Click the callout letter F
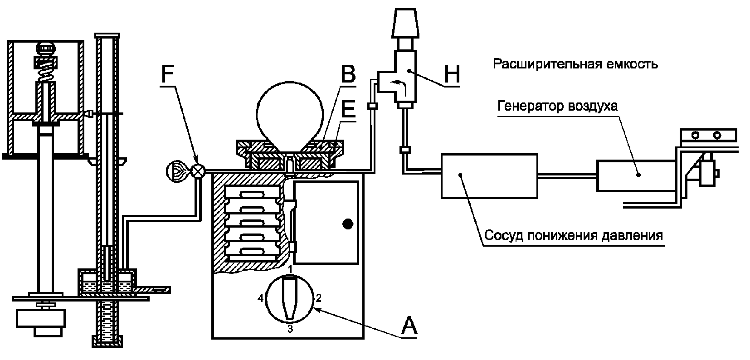pyautogui.click(x=168, y=74)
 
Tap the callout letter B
pyautogui.click(x=348, y=74)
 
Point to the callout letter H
pyautogui.click(x=452, y=74)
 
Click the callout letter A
pyautogui.click(x=409, y=326)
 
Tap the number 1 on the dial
pyautogui.click(x=290, y=269)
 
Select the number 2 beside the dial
pyautogui.click(x=318, y=298)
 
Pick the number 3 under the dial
pyautogui.click(x=290, y=329)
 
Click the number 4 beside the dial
pyautogui.click(x=261, y=298)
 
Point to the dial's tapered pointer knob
pyautogui.click(x=290, y=297)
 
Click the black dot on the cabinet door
pyautogui.click(x=348, y=224)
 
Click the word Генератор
pyautogui.click(x=525, y=106)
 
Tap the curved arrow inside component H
pyautogui.click(x=399, y=85)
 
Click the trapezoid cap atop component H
pyautogui.click(x=405, y=24)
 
